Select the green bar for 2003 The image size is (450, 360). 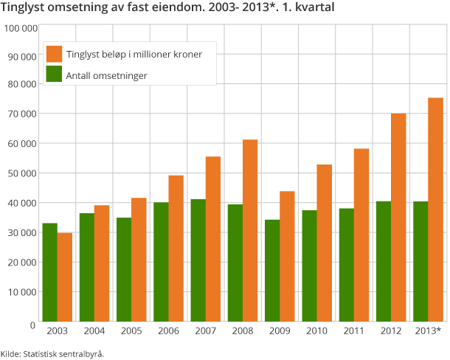49,271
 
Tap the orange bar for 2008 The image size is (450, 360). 250,229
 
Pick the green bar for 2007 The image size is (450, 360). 198,260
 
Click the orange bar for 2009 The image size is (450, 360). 287,255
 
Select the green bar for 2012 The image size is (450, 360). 383,260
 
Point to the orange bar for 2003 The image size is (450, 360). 65,276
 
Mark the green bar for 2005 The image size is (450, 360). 124,269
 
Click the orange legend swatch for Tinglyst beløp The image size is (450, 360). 54,54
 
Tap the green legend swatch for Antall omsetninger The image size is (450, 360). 54,74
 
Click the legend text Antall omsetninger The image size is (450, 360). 106,75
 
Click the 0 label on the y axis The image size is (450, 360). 33,325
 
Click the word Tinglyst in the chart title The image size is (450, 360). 23,8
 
